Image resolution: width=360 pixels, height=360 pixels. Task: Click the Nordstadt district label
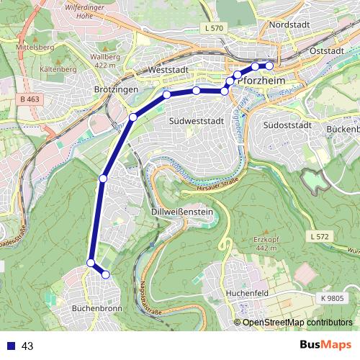click(x=289, y=24)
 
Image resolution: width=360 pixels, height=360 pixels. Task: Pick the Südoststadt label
click(x=287, y=125)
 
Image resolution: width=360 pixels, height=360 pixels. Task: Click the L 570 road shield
click(x=215, y=27)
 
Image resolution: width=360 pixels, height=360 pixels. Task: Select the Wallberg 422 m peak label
click(x=105, y=60)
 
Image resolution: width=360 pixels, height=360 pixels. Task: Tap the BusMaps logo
click(x=325, y=345)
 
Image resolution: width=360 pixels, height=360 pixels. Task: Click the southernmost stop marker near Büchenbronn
click(x=106, y=274)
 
